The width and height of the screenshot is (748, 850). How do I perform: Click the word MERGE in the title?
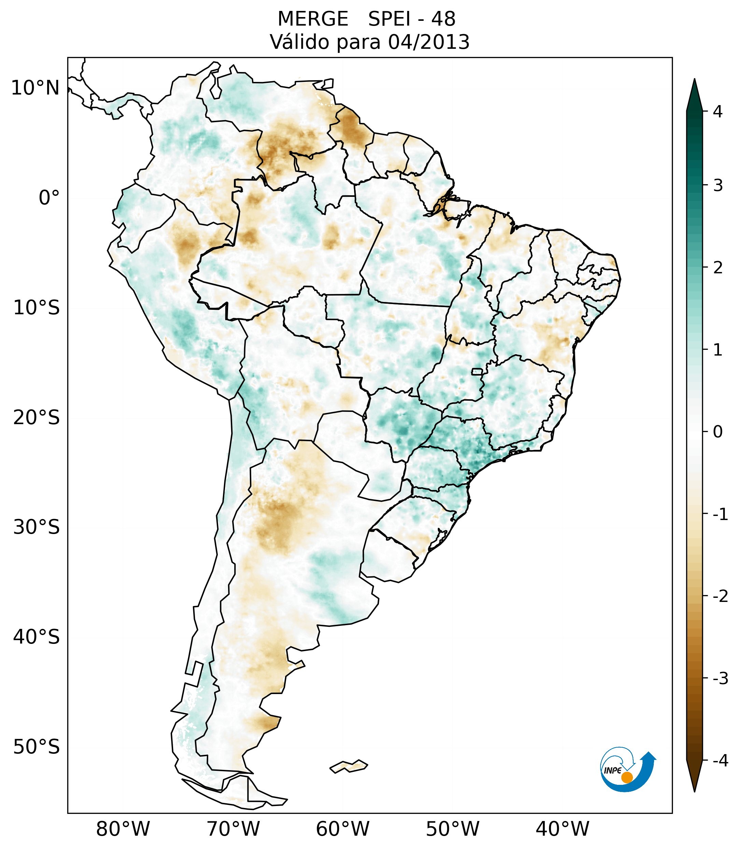[312, 19]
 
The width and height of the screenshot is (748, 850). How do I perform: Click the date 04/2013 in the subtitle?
[428, 42]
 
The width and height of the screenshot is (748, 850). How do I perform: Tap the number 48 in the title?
[443, 19]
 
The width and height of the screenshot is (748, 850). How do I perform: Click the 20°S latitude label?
[37, 418]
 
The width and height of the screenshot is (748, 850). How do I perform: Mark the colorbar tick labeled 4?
[717, 112]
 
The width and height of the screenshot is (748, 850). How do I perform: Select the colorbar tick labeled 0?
[717, 432]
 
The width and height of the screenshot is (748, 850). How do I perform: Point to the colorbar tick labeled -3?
[720, 679]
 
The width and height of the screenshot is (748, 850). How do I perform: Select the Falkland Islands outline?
[349, 766]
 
